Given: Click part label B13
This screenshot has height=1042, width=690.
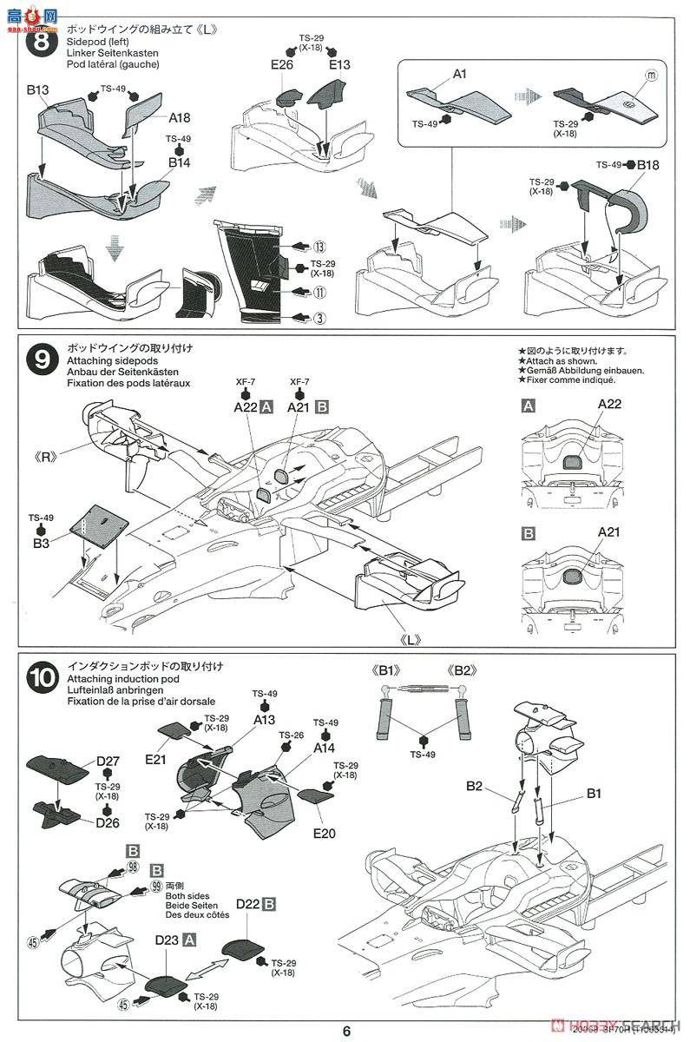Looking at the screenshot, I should coord(38,89).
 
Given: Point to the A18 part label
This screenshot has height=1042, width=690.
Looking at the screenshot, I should coord(180,117).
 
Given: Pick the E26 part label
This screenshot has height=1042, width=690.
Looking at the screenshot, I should coord(282,64).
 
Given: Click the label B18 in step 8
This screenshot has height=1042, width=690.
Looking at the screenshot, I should coord(648,165).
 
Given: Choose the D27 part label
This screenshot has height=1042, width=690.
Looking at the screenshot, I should coord(108,762).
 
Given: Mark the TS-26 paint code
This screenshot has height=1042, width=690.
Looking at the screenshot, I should coord(295,734).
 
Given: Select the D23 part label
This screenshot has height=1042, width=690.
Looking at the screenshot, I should coord(167,940).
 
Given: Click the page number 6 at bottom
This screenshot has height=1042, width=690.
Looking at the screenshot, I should coord(346,1031).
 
